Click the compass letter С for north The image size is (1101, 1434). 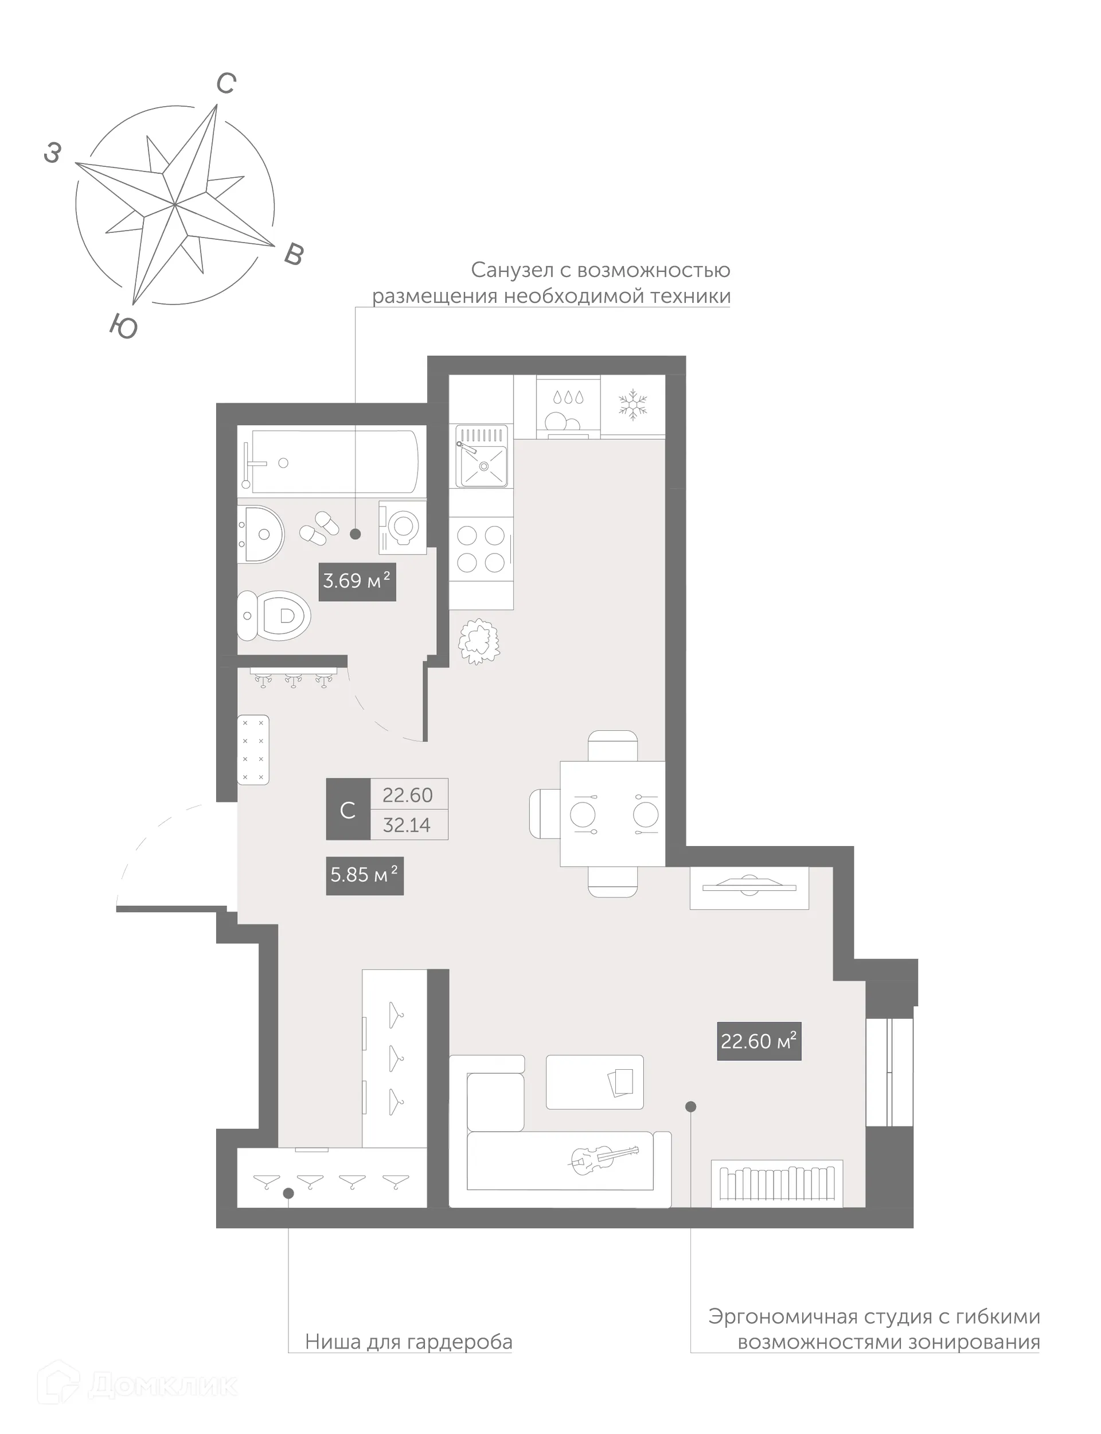(x=226, y=84)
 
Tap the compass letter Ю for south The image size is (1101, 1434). (x=123, y=326)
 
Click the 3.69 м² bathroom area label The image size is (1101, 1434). (x=357, y=581)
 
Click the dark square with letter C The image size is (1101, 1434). (x=348, y=809)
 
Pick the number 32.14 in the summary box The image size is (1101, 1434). (x=407, y=825)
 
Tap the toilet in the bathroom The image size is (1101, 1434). (x=275, y=615)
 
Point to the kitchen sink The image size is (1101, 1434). (x=482, y=457)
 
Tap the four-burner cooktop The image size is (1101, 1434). (x=481, y=549)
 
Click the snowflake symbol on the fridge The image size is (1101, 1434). (x=633, y=404)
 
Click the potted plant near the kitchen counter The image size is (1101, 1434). (x=479, y=640)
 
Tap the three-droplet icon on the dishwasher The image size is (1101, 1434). (x=568, y=397)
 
